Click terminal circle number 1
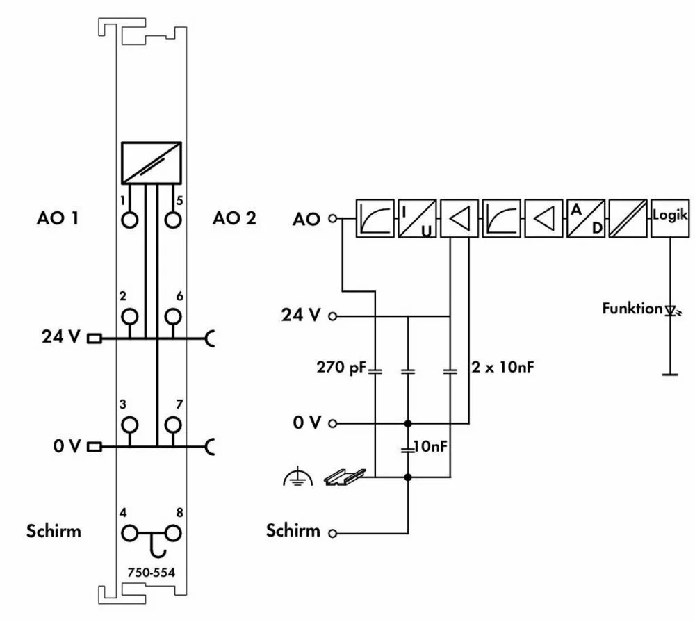coord(129,221)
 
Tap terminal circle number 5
coord(172,221)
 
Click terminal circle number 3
coord(129,425)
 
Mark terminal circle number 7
coord(172,425)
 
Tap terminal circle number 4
coord(129,533)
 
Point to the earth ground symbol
coord(295,476)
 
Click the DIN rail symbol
coord(340,476)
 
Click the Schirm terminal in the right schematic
coord(333,534)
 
